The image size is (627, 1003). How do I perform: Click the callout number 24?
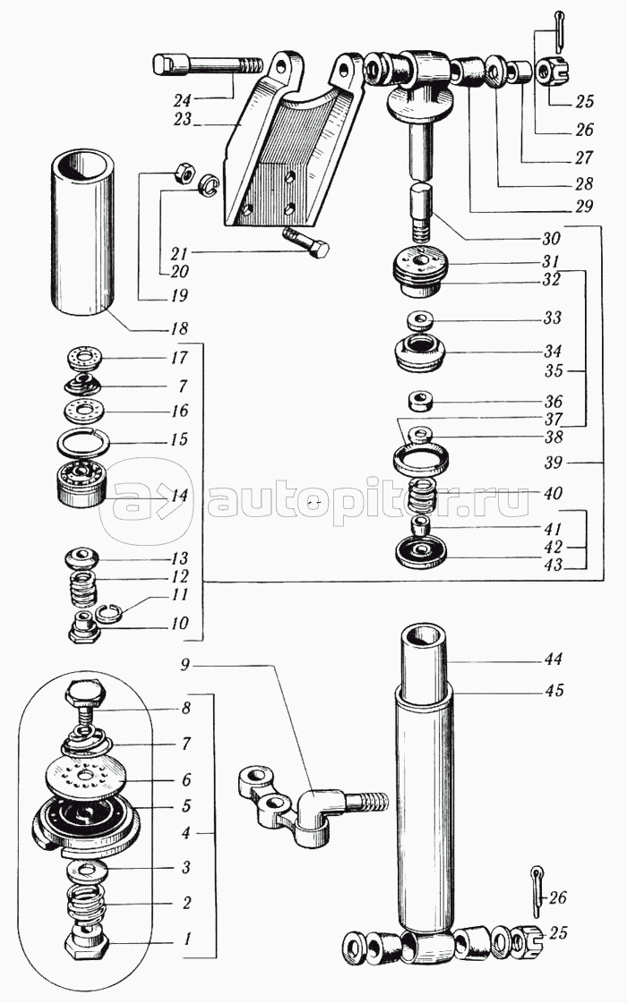(x=183, y=100)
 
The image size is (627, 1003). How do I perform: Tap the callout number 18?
(x=180, y=328)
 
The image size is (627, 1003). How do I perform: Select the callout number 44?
(x=554, y=659)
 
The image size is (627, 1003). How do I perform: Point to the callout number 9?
(x=185, y=666)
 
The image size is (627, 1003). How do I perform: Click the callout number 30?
(x=551, y=239)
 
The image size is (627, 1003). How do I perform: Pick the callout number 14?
(x=179, y=495)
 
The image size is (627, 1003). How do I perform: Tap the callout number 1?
(x=187, y=939)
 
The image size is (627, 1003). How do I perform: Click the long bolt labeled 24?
(x=209, y=66)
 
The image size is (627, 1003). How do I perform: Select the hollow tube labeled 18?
(x=83, y=233)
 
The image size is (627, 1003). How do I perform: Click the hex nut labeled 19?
(x=182, y=171)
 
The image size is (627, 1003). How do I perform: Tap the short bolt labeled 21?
(x=305, y=242)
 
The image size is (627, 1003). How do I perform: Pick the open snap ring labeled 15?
(x=82, y=441)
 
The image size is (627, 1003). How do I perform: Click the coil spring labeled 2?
(x=87, y=906)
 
